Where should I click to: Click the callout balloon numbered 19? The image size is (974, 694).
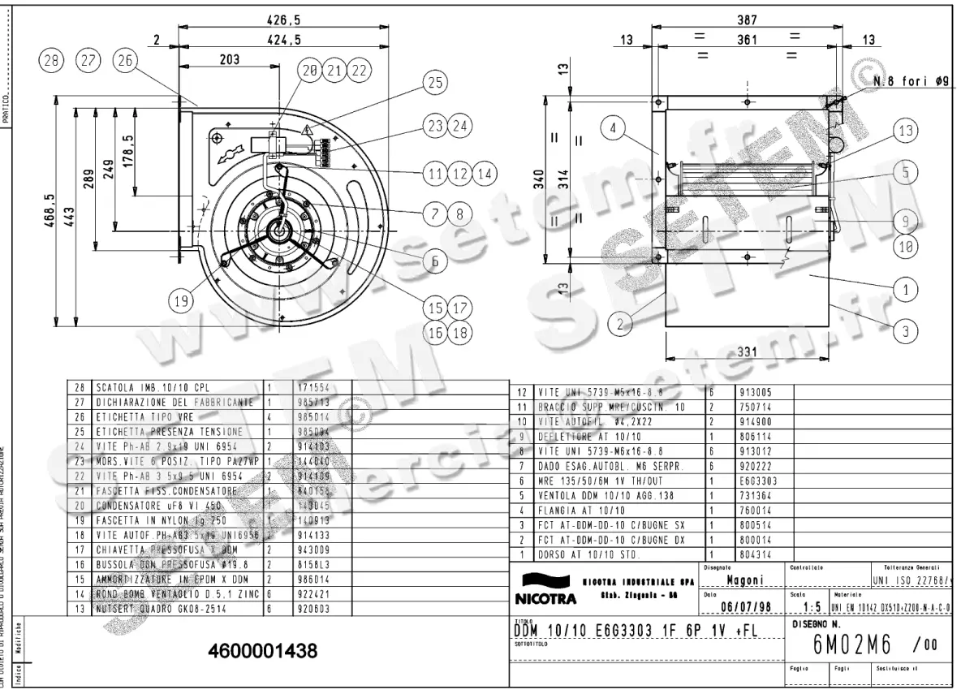point(181,301)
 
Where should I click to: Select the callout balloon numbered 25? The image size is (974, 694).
point(435,82)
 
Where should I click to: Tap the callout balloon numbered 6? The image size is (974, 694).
point(435,261)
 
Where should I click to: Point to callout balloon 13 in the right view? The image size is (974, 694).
point(906,131)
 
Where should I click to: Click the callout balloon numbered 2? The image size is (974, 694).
point(621,325)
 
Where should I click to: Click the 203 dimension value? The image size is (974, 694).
point(229,59)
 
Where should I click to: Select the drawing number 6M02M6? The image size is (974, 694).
point(852,645)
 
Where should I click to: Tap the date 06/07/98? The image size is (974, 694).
point(743,606)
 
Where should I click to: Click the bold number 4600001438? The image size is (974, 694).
point(262,651)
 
